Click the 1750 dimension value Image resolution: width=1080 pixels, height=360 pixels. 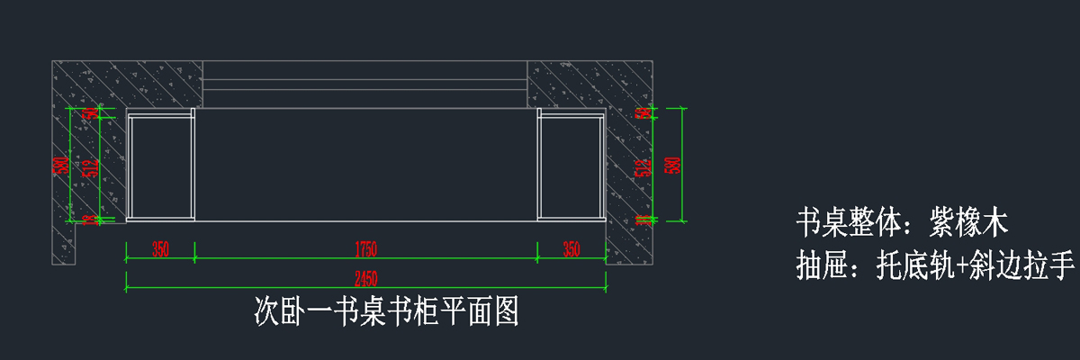[365, 250]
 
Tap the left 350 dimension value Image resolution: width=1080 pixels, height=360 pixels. [160, 250]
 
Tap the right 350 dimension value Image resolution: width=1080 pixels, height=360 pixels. [571, 250]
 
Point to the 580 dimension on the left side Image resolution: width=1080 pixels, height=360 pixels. [60, 165]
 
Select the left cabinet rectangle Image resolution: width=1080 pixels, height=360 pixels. [160, 165]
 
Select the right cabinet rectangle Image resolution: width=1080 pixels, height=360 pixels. [571, 165]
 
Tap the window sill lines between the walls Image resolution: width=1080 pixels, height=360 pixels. [364, 85]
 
